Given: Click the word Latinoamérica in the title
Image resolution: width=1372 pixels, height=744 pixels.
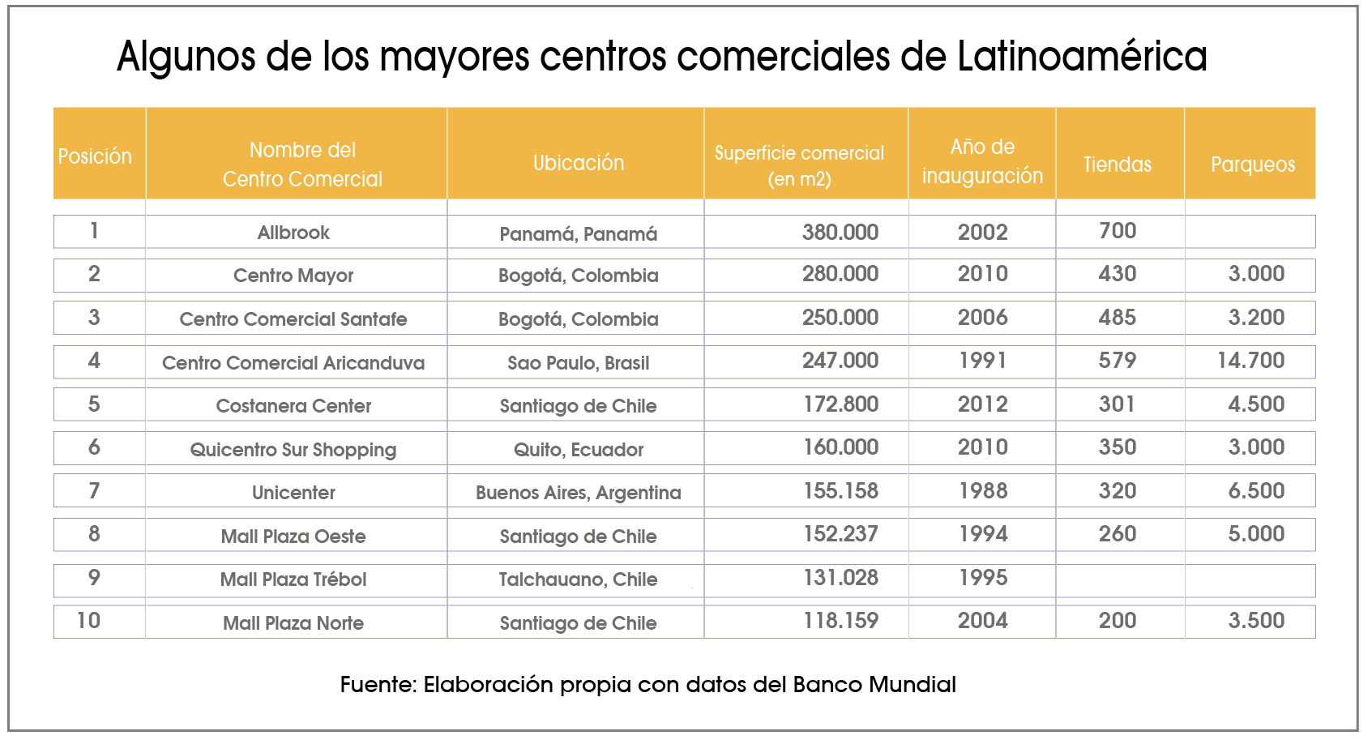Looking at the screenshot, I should [x=1082, y=57].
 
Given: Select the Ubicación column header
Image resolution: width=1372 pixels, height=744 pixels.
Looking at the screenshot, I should [x=579, y=163].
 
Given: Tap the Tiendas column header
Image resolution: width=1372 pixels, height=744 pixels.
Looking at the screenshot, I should [x=1117, y=165].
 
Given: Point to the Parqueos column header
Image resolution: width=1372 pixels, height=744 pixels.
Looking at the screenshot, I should [x=1252, y=165].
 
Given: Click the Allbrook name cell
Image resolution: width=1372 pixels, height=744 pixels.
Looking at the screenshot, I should [x=293, y=233].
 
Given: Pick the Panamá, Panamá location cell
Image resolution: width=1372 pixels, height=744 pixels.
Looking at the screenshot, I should [x=578, y=234].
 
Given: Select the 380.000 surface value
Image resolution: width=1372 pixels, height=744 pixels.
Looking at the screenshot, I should [x=840, y=233].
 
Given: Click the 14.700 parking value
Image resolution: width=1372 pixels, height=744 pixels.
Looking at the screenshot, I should [x=1250, y=361].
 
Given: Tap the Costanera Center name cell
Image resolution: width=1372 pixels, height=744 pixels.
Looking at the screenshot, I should [x=293, y=406].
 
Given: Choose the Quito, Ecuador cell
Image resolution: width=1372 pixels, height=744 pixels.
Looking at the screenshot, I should [x=578, y=450].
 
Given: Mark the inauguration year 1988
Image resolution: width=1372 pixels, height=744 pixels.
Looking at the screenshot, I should [x=982, y=491].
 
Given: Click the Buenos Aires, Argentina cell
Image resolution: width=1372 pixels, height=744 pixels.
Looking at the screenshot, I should [x=578, y=493].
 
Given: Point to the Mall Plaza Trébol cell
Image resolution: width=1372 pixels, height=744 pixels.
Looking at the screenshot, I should [x=293, y=579].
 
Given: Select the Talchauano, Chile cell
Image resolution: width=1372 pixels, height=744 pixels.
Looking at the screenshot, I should [x=578, y=579].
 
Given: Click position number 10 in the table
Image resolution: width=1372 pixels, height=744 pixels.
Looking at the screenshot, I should [x=88, y=621].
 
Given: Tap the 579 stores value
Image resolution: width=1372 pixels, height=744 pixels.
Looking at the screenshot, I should [x=1117, y=361].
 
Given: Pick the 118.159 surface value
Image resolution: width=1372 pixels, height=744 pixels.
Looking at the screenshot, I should [x=840, y=621].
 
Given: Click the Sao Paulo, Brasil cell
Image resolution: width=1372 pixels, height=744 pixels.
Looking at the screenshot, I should [x=578, y=363].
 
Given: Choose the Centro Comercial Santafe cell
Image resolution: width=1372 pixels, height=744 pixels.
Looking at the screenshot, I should [x=293, y=319].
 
